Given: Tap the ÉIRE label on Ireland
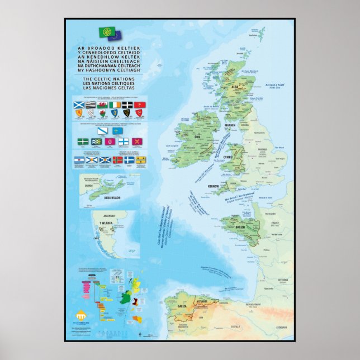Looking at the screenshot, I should tap(197, 135).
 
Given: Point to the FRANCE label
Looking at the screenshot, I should tap(274, 222).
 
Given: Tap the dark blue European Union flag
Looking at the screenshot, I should tap(115, 36).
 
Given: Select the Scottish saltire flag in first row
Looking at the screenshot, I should tap(79, 105).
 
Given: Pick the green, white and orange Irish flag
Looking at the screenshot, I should tap(115, 105).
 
